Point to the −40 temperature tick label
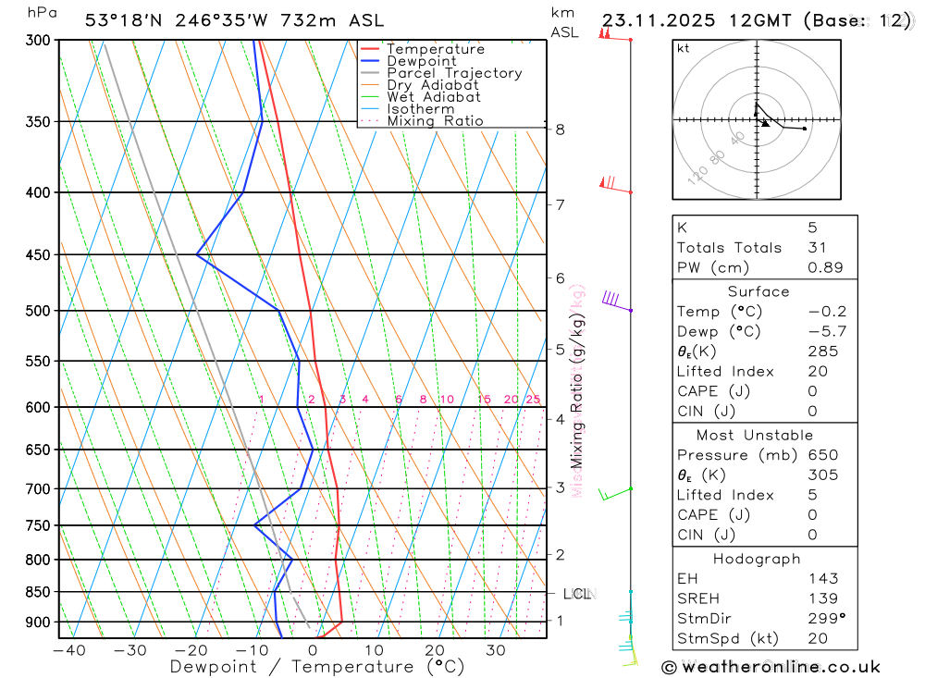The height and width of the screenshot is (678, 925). [69, 650]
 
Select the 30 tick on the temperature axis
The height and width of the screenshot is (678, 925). [495, 650]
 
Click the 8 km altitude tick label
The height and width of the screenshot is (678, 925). [561, 129]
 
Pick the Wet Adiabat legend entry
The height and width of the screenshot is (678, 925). [434, 97]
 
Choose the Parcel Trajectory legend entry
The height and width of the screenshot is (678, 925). [454, 73]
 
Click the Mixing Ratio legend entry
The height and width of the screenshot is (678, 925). [435, 121]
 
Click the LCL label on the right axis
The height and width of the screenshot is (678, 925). [577, 593]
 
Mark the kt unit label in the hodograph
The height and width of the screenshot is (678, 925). [684, 49]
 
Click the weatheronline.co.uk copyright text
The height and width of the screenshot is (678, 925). [771, 667]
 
